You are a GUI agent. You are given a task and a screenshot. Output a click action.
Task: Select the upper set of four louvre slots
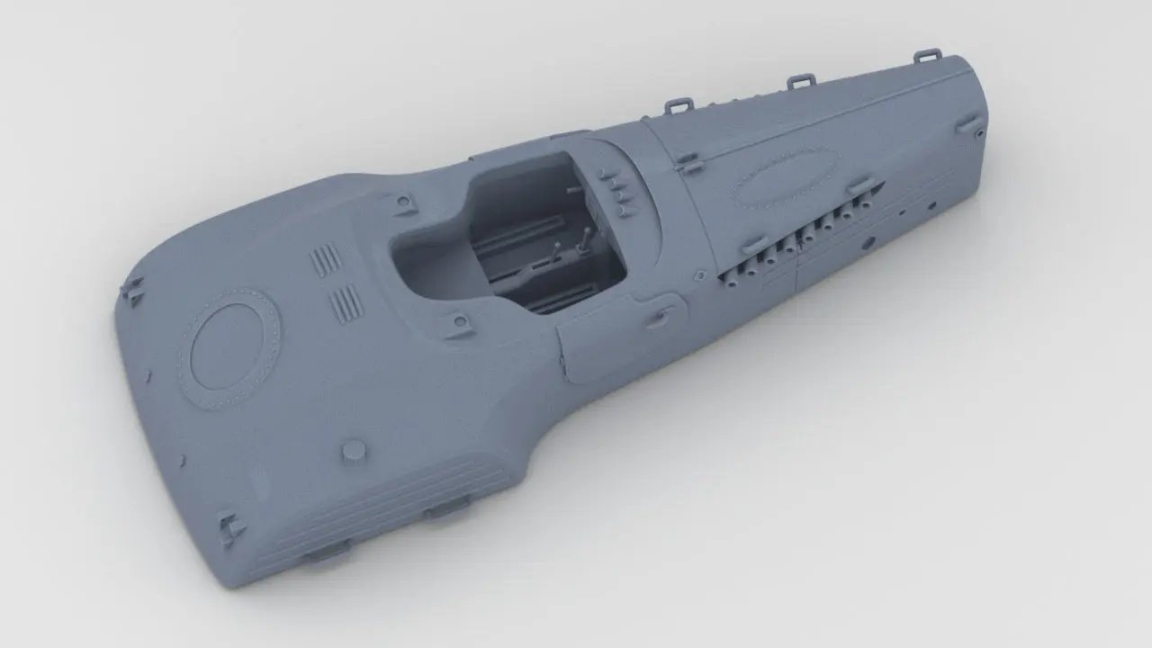[326, 260]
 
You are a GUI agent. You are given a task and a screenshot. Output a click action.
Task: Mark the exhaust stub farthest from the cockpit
[865, 203]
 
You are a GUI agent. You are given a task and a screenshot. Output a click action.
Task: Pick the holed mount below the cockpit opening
[459, 321]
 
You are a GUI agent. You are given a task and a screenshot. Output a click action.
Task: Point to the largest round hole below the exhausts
[868, 242]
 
